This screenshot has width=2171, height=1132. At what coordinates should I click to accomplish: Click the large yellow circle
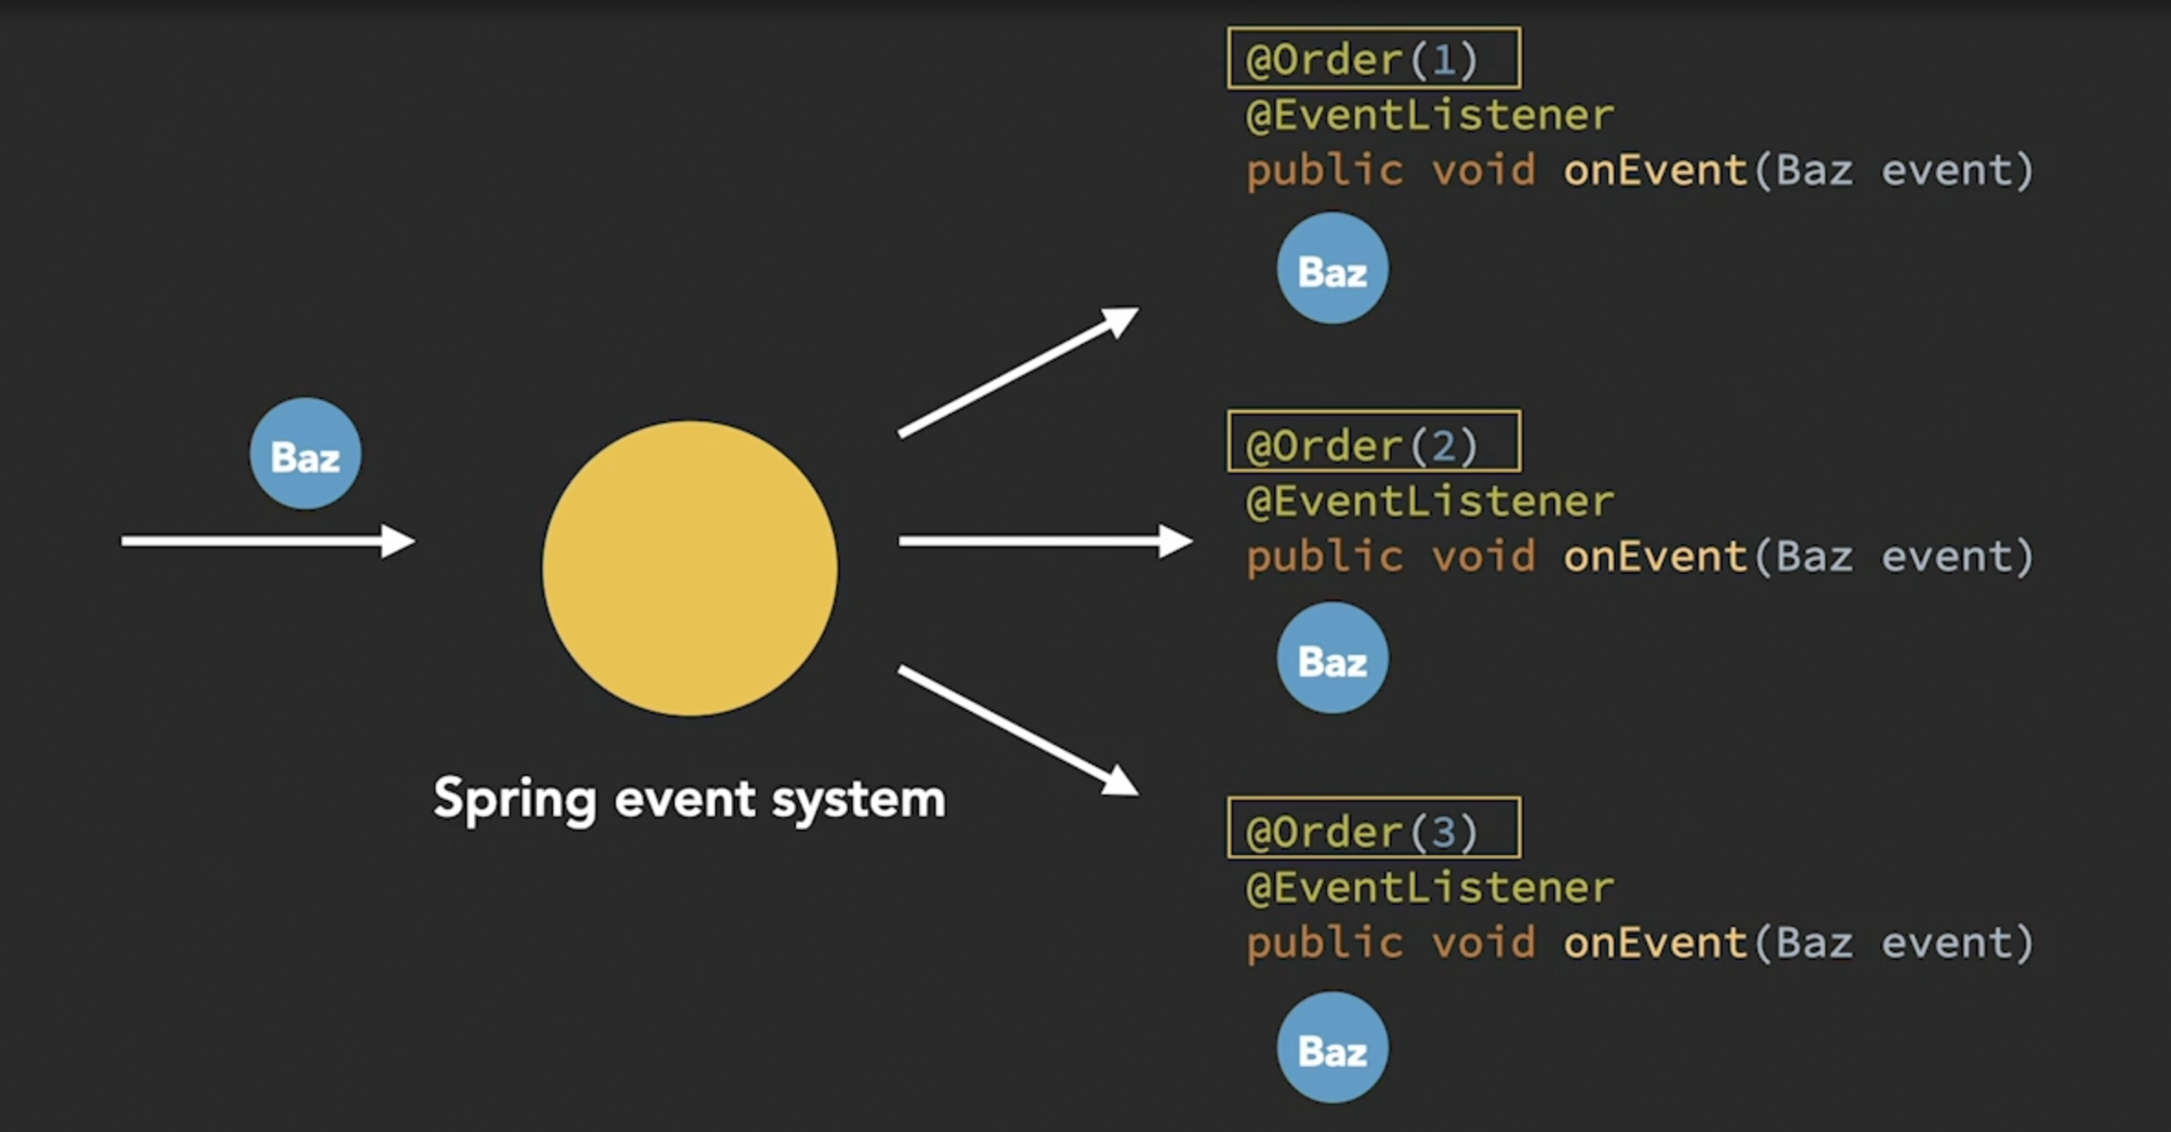coord(689,568)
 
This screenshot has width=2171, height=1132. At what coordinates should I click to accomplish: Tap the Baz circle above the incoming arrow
coord(305,453)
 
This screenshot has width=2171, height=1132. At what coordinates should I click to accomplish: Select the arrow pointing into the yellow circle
coord(267,541)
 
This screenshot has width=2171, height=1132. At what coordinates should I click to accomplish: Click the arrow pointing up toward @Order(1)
coord(1017,372)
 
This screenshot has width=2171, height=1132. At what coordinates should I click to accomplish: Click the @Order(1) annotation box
coord(1373,59)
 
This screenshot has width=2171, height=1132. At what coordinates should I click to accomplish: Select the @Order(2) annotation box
coord(1373,442)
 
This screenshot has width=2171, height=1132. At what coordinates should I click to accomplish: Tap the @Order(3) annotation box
coord(1373,829)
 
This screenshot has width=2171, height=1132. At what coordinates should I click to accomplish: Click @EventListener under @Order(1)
coord(1429,116)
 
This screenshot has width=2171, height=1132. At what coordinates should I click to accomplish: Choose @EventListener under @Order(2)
coord(1429,502)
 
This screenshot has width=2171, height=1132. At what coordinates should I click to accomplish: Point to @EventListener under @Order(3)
coord(1429,888)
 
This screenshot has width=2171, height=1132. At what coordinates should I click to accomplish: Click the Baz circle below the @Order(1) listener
coord(1332,269)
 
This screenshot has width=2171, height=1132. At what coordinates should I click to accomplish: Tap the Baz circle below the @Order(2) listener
coord(1332,658)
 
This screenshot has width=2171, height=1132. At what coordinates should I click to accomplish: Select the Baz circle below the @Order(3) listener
coord(1332,1047)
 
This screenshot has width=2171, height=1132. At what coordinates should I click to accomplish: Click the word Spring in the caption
coord(515,798)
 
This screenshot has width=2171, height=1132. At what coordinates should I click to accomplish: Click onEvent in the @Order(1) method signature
coord(1654,171)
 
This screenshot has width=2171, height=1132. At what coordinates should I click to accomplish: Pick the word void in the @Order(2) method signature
coord(1483,557)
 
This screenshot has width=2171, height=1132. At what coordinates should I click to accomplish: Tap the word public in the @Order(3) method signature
coord(1324,943)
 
